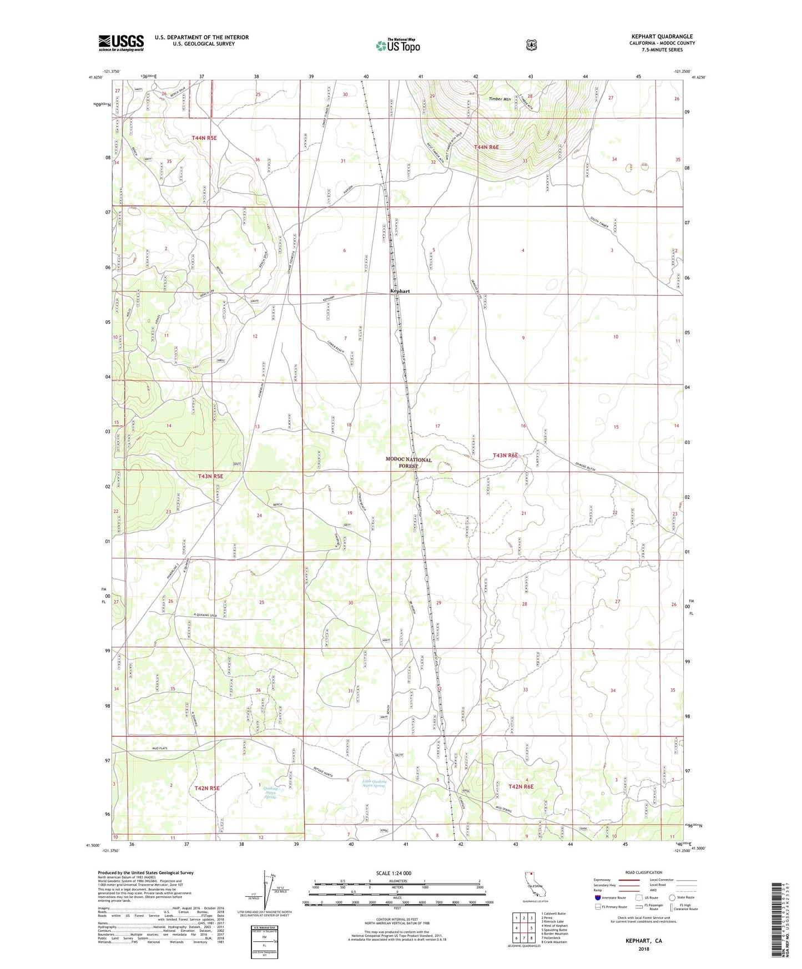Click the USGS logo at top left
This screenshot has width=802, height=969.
[121, 43]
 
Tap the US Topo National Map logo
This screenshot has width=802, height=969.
[397, 45]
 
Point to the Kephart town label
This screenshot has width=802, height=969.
[400, 291]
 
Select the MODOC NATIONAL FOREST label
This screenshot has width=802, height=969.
[408, 463]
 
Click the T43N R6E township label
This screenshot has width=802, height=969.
[505, 455]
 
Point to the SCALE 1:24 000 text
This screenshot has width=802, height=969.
[394, 873]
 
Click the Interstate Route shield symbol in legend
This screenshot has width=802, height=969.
[597, 897]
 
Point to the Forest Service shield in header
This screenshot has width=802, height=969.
[531, 45]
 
